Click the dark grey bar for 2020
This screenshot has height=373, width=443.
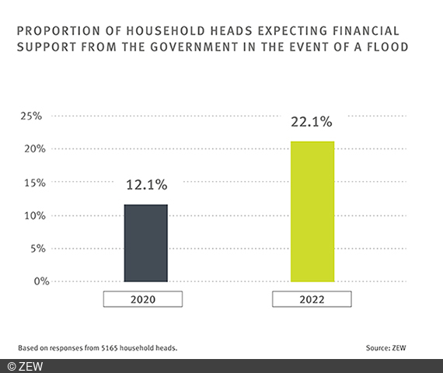(x=146, y=242)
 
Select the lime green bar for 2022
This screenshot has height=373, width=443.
(x=312, y=211)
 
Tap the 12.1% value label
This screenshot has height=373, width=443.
(x=146, y=186)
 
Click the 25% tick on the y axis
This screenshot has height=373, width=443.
(x=30, y=116)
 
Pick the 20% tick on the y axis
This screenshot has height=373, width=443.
(x=30, y=149)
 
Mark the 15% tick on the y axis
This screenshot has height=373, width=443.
(x=30, y=183)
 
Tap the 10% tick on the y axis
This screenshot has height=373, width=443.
(x=30, y=215)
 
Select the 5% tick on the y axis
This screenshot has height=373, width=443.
(x=33, y=249)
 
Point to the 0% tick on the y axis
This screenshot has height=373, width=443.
(x=33, y=281)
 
